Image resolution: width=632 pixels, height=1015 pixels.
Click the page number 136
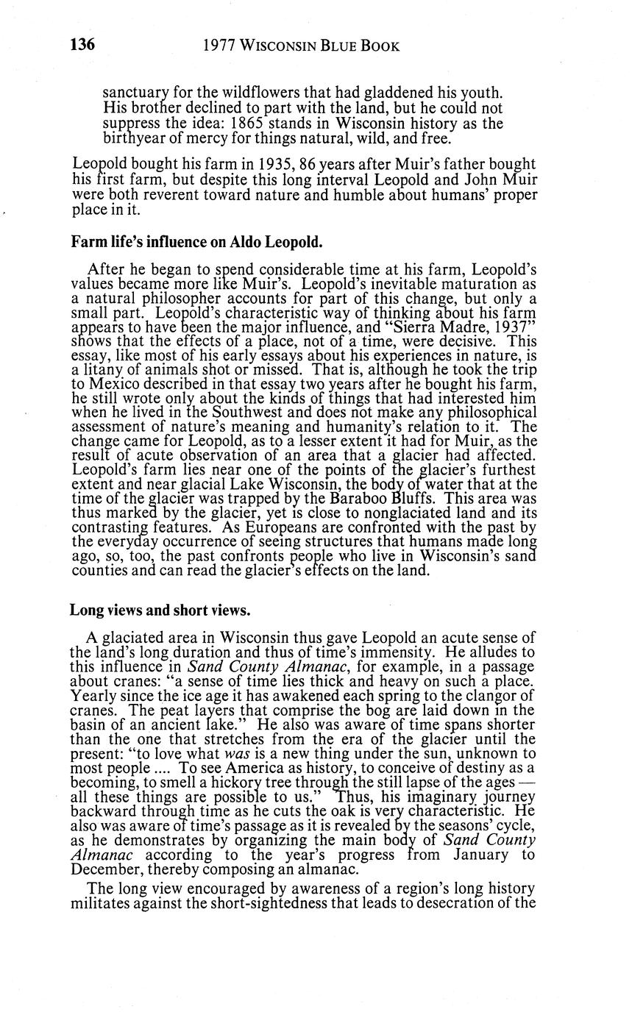point(82,46)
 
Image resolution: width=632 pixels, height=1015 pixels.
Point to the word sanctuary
point(135,93)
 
